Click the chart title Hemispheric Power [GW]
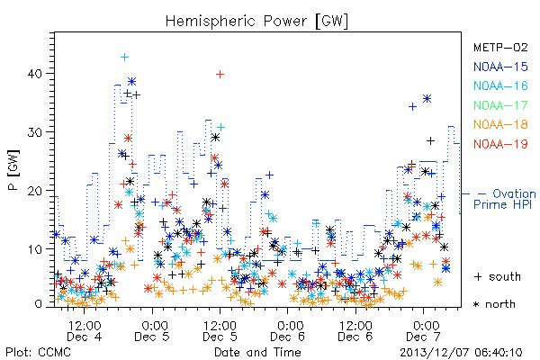click(x=256, y=22)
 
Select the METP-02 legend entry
click(x=500, y=47)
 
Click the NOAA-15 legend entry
click(x=500, y=67)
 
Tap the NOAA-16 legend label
click(x=500, y=85)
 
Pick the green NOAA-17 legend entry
click(x=500, y=105)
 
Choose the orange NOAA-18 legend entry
click(x=500, y=124)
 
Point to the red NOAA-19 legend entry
click(x=500, y=144)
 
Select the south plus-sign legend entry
click(x=498, y=276)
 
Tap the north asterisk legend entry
click(x=494, y=304)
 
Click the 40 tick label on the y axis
click(x=35, y=74)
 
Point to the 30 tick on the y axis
click(x=35, y=132)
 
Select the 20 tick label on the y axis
click(x=35, y=191)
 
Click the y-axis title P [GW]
click(x=14, y=170)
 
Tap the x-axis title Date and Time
click(x=257, y=353)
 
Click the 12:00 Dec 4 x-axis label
click(x=85, y=331)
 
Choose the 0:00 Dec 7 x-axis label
click(x=424, y=331)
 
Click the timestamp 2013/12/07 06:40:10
click(x=461, y=353)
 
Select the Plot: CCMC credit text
click(x=38, y=353)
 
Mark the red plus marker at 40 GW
click(x=220, y=74)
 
